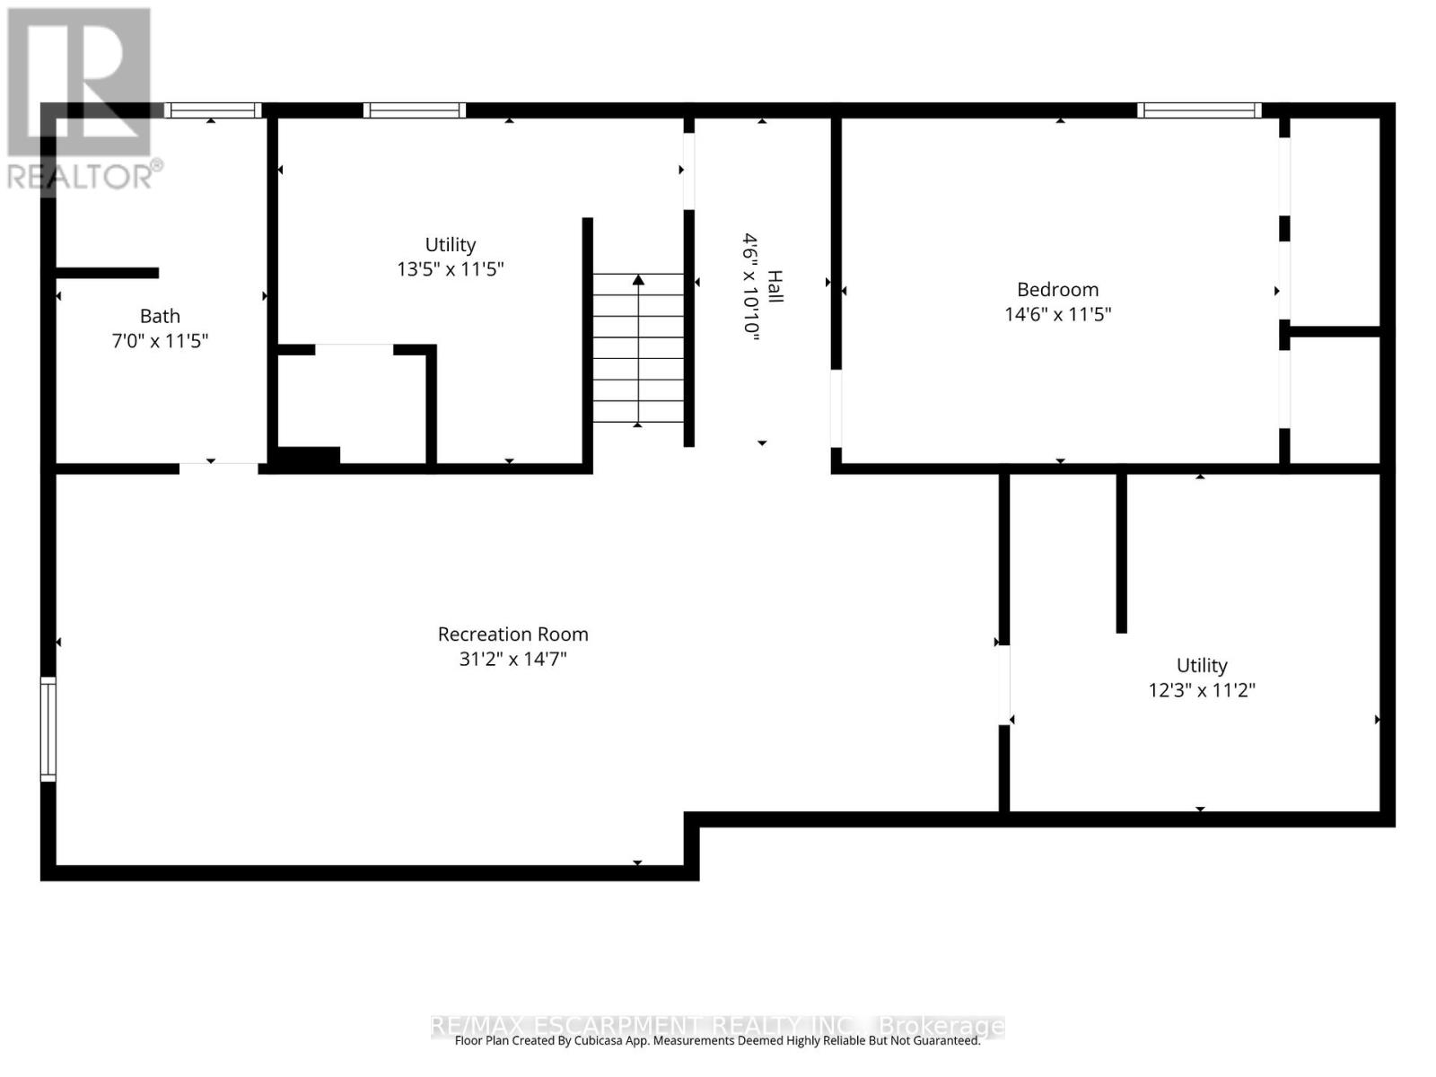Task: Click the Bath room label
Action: (160, 316)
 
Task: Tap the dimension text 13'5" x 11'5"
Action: (451, 269)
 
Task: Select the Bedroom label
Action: (1057, 289)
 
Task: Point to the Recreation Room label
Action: (512, 634)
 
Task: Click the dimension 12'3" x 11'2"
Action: (1202, 690)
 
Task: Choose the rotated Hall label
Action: (775, 286)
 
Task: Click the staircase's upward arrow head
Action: (638, 280)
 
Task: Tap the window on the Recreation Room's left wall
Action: (48, 729)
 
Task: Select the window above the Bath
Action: (213, 110)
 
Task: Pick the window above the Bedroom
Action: (1199, 110)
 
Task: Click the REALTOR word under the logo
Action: (81, 175)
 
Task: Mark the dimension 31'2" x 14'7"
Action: (512, 659)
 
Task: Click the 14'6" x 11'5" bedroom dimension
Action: (1057, 314)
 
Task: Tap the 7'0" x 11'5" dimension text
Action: (160, 341)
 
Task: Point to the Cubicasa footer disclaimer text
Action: (717, 1041)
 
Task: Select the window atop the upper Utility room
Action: (415, 110)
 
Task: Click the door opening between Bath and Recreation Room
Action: (219, 468)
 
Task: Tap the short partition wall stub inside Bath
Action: (108, 273)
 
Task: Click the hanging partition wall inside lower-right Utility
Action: (1121, 552)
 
